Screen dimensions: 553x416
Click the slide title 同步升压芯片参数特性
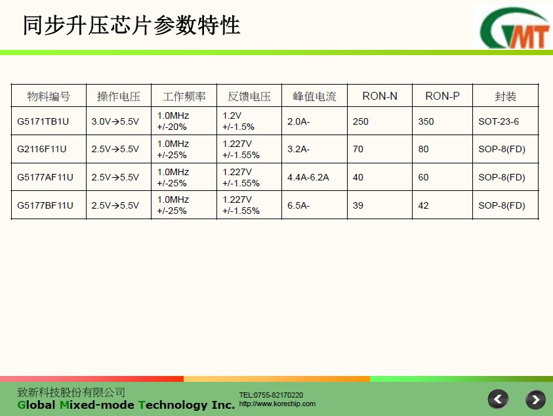tap(132, 26)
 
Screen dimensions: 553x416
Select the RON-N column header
tap(380, 96)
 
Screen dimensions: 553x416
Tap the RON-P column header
tap(442, 96)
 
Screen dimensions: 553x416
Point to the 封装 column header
tap(505, 96)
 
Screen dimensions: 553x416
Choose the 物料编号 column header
tap(49, 96)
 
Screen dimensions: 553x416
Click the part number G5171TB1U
tap(43, 121)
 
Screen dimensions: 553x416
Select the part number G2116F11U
tap(41, 149)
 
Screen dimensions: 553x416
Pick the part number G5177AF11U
tap(45, 177)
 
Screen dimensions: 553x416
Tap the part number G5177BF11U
tap(45, 205)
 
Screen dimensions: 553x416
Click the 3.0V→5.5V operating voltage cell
tap(115, 121)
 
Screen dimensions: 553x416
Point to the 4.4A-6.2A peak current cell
tap(308, 177)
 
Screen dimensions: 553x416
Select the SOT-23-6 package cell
tap(499, 121)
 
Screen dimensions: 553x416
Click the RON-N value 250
tap(360, 121)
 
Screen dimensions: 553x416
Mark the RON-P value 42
tap(423, 205)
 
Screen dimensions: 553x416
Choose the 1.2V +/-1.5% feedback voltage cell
tap(238, 121)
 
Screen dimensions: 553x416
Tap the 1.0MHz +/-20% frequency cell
tap(173, 121)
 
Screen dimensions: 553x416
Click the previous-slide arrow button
tap(498, 400)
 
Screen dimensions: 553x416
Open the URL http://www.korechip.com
tap(277, 404)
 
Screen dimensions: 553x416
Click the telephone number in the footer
tap(271, 395)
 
